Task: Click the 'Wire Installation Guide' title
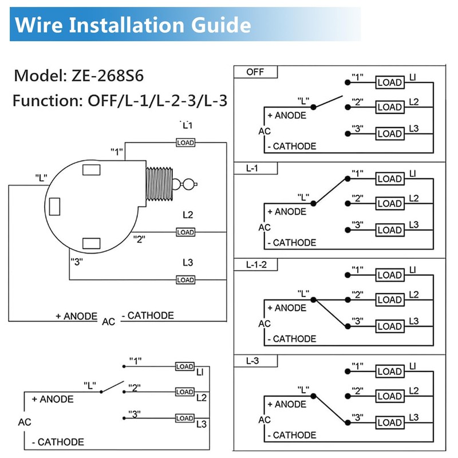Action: click(x=133, y=25)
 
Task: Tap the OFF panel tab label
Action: click(x=255, y=72)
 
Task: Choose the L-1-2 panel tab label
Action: click(x=256, y=264)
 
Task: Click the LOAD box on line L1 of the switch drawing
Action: click(x=185, y=142)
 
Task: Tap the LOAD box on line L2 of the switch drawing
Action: click(x=185, y=232)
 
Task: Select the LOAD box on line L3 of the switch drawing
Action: click(x=185, y=279)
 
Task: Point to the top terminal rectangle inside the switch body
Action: click(x=92, y=170)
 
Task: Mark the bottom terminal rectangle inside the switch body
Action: click(x=92, y=243)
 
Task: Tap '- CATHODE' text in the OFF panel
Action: click(x=291, y=146)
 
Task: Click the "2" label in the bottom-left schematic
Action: click(x=135, y=387)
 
